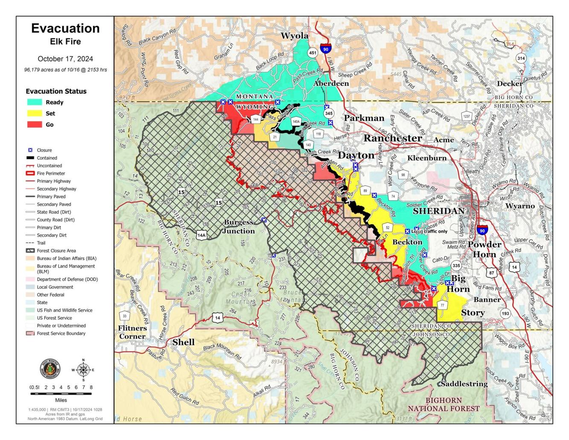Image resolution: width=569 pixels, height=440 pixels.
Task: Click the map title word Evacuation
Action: click(x=65, y=28)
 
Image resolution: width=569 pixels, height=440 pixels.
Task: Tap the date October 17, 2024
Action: click(x=65, y=59)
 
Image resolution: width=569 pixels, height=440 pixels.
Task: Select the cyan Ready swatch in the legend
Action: click(x=35, y=102)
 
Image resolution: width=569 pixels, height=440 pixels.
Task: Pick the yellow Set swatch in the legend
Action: click(x=35, y=113)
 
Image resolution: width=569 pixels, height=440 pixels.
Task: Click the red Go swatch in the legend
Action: click(x=35, y=124)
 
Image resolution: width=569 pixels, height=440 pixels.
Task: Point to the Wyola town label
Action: click(x=294, y=36)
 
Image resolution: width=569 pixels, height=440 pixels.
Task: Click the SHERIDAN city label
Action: click(x=438, y=211)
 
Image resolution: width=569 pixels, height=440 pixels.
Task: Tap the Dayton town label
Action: click(x=356, y=155)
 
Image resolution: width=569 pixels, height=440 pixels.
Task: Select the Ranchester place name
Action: click(x=392, y=138)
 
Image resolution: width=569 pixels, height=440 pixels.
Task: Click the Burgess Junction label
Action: click(x=239, y=226)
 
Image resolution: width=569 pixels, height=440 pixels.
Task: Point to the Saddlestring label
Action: click(x=464, y=384)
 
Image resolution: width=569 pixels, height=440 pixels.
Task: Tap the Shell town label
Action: click(x=183, y=342)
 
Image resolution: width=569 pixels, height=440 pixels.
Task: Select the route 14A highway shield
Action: click(x=201, y=235)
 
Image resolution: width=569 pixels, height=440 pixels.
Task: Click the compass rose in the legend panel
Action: click(x=83, y=370)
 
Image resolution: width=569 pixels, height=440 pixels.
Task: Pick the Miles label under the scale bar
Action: click(x=61, y=400)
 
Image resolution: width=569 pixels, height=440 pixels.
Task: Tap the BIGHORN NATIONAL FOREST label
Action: click(x=444, y=404)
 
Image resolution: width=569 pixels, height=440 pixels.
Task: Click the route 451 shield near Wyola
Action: click(x=312, y=53)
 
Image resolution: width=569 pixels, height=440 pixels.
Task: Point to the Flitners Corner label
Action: click(x=132, y=332)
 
